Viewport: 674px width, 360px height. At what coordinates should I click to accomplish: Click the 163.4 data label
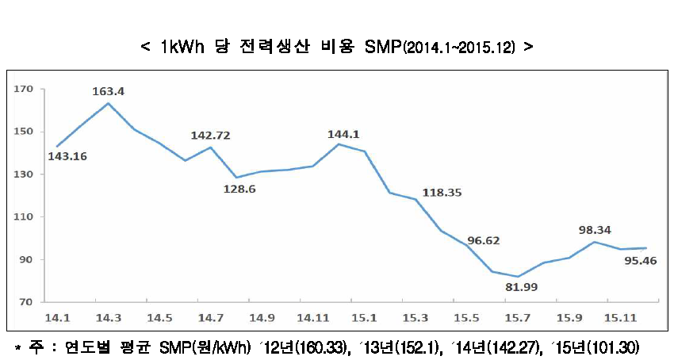(109, 91)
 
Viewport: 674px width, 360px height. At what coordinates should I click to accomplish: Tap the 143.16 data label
(67, 156)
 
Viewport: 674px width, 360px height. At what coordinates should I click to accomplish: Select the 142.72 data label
(211, 136)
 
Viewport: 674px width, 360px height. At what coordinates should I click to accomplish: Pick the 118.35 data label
(443, 193)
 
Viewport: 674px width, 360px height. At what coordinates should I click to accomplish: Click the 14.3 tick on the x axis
(108, 318)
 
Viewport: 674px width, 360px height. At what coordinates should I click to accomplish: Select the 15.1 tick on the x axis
(364, 318)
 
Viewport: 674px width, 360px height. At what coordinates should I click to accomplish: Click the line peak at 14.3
(108, 103)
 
